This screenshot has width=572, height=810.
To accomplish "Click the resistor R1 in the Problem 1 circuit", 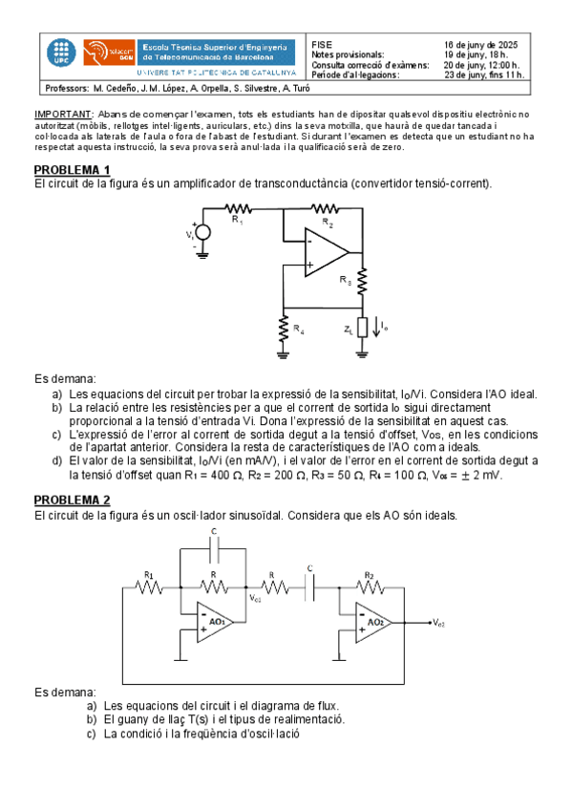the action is point(238,207).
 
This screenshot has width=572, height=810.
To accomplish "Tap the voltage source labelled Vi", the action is point(201,233).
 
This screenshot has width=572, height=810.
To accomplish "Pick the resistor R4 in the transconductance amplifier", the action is point(284,329).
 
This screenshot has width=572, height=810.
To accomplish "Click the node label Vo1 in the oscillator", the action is point(256,599).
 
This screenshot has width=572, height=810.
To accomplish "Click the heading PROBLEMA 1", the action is point(72,170).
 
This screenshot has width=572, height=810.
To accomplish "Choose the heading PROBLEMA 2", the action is point(72,500).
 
